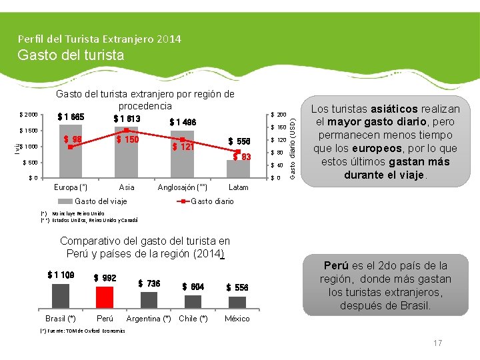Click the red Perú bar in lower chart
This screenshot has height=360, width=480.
click(105, 295)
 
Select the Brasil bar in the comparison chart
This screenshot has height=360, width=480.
click(60, 295)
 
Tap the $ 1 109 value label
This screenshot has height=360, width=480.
click(61, 275)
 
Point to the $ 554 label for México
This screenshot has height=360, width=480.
click(237, 287)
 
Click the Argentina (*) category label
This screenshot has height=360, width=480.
click(148, 319)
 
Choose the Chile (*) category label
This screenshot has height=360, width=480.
click(193, 319)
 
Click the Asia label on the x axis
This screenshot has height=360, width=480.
click(125, 187)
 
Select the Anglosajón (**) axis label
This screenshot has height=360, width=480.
click(182, 187)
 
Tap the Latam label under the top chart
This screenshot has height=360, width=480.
click(238, 187)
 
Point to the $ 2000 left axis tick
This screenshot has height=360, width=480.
click(28, 114)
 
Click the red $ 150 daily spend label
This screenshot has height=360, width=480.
click(128, 139)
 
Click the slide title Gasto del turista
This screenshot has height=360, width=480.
click(71, 55)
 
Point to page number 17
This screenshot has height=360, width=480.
click(438, 343)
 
